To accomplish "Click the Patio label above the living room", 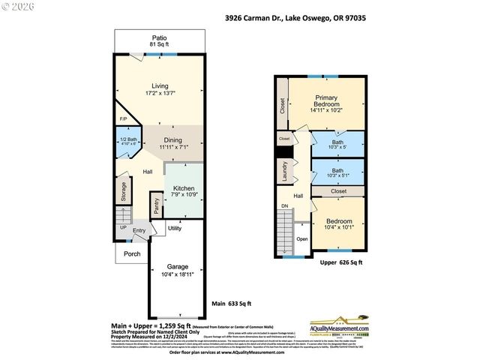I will (159, 37).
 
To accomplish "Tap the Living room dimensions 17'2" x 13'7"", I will (159, 94).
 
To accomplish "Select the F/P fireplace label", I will (123, 119).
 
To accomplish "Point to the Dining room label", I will (173, 140).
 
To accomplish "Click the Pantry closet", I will (156, 206).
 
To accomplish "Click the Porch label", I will (132, 253).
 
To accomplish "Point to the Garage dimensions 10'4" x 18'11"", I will (177, 276).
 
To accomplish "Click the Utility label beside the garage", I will (174, 228).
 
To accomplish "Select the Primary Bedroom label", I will (326, 102).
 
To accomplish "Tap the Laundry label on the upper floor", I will (285, 173).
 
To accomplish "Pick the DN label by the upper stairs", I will (284, 205).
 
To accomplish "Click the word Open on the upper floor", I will (301, 238).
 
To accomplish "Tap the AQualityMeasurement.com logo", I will (341, 327).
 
